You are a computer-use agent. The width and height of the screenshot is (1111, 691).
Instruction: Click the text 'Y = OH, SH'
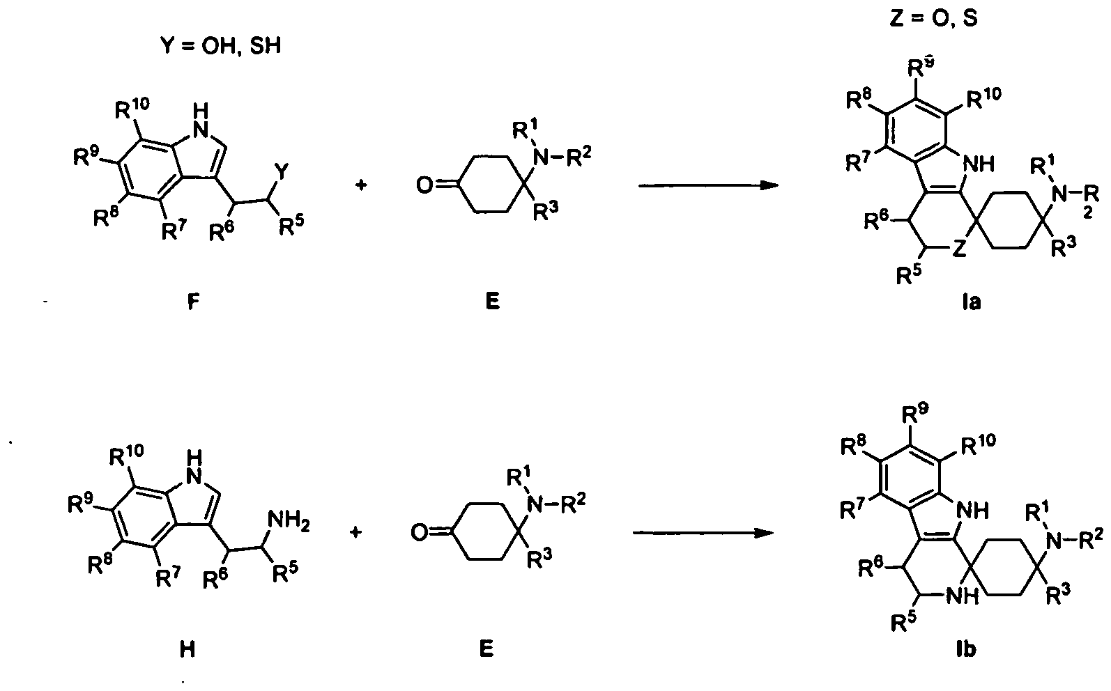[x=220, y=46]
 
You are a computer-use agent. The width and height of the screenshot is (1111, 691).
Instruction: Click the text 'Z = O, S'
[x=934, y=18]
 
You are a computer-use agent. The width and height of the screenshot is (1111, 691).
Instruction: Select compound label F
[x=194, y=301]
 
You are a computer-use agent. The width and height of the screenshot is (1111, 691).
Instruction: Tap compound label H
[x=187, y=649]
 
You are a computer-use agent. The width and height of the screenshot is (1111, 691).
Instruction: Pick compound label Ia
[x=971, y=302]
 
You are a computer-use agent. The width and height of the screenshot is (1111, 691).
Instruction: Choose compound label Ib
[x=966, y=649]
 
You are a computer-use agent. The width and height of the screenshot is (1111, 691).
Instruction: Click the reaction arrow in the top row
[x=708, y=185]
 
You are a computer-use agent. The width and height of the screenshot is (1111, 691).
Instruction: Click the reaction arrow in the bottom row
[x=703, y=533]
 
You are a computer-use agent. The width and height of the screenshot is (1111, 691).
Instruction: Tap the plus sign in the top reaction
[x=361, y=185]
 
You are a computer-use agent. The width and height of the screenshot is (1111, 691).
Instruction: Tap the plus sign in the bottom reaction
[x=356, y=533]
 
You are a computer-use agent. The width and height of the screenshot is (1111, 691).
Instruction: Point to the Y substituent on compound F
[x=281, y=172]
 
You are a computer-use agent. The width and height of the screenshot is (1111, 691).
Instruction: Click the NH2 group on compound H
[x=288, y=521]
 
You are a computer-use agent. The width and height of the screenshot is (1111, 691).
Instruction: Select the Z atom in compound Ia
[x=960, y=249]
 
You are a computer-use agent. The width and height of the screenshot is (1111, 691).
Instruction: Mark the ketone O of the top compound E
[x=424, y=186]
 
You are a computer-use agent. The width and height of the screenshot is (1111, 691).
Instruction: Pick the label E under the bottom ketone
[x=486, y=649]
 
